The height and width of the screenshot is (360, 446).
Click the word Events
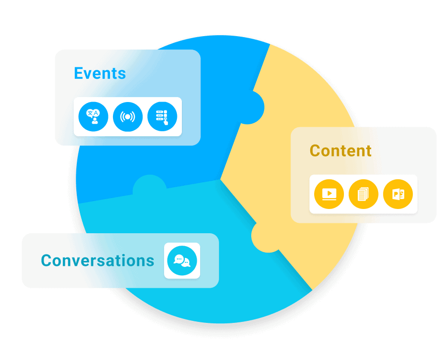100,73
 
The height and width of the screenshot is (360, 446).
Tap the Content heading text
340,151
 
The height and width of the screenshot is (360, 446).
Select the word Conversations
98,260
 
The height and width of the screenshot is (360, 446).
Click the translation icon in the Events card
93,117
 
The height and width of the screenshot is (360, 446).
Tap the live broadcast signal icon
128,117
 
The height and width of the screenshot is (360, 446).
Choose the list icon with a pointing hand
162,117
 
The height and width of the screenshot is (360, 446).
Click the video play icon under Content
329,194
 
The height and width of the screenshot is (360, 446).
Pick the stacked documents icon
363,194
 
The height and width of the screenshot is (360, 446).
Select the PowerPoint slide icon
398,194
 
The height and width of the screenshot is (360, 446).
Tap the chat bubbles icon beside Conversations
182,260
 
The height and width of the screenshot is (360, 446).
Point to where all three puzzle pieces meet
221,177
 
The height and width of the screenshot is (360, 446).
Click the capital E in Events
78,73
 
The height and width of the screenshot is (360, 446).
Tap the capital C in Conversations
47,260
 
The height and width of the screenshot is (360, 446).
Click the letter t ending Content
368,151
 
